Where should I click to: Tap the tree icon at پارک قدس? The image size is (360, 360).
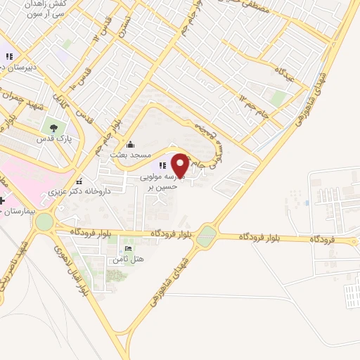[52, 128]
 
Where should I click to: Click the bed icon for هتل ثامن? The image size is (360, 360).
[127, 249]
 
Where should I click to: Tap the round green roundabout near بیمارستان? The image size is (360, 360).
[44, 222]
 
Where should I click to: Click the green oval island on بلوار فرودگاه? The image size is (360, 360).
[206, 236]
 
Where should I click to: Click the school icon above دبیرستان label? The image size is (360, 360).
[9, 56]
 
